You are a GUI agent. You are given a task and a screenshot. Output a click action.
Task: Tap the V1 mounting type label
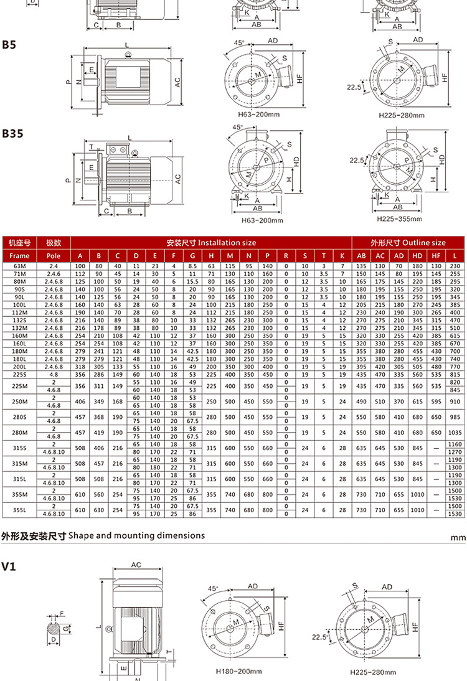(8, 566)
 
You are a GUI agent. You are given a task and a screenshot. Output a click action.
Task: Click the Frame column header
(19, 256)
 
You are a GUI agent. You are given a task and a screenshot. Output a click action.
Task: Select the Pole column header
(54, 256)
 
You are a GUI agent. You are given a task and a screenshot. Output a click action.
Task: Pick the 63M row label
(19, 266)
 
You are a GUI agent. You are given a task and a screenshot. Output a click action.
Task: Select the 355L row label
(19, 510)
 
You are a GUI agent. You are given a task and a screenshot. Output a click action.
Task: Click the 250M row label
(19, 402)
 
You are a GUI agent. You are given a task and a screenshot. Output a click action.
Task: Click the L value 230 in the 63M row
(455, 266)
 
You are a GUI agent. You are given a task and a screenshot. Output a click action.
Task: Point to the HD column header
(417, 256)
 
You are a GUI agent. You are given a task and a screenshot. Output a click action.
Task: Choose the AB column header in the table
(361, 256)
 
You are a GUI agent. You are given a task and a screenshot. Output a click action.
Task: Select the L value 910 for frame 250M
(455, 402)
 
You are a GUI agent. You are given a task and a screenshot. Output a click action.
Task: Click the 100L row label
(19, 304)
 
